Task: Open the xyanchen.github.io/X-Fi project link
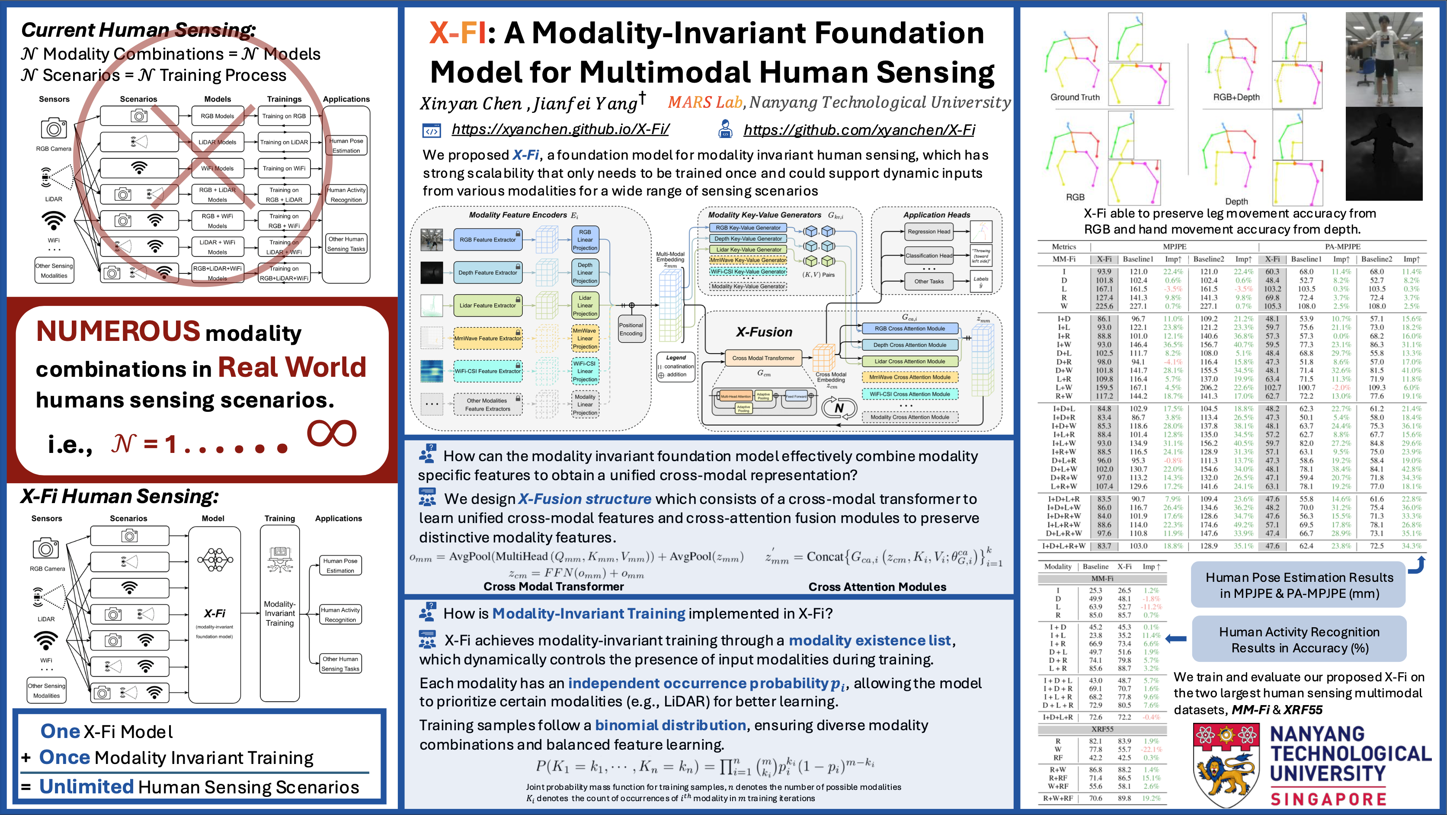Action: [560, 129]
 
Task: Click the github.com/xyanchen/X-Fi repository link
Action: [859, 130]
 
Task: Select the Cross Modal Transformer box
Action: [763, 358]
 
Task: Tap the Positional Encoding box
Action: [631, 329]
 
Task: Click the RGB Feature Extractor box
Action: [487, 240]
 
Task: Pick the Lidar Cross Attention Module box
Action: [909, 361]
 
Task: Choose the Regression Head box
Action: [928, 231]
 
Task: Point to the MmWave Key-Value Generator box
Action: [748, 260]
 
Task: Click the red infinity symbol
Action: [331, 433]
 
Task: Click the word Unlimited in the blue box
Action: [86, 786]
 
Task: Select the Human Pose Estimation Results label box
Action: [1299, 585]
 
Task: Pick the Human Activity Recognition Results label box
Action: [1299, 640]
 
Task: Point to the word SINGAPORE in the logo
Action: [1329, 799]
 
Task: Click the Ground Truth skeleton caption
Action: [1075, 97]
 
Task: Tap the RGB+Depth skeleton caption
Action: [1236, 97]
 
